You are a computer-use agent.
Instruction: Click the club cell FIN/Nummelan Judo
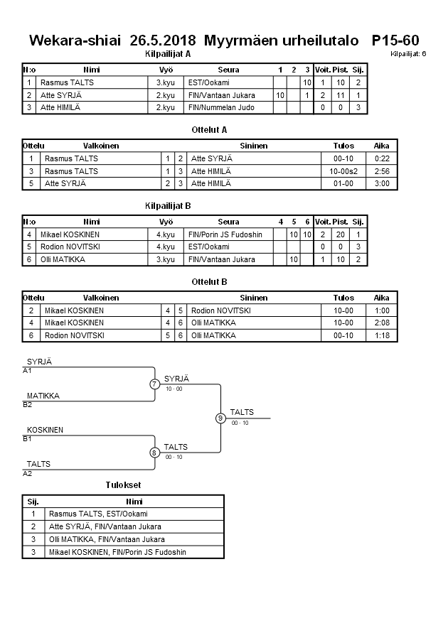pyautogui.click(x=221, y=107)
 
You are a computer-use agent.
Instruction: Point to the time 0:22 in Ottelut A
pyautogui.click(x=382, y=158)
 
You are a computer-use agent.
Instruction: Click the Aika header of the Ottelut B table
pyautogui.click(x=382, y=298)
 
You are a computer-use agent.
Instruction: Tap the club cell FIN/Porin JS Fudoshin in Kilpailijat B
pyautogui.click(x=225, y=234)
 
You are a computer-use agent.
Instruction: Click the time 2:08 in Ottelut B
pyautogui.click(x=382, y=323)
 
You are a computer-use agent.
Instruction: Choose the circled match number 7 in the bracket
pyautogui.click(x=155, y=384)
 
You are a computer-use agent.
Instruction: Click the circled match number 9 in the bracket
pyautogui.click(x=220, y=418)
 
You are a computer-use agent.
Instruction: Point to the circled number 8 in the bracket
pyautogui.click(x=155, y=452)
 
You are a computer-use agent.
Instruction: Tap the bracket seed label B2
pyautogui.click(x=28, y=404)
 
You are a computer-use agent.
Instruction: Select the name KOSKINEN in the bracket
pyautogui.click(x=46, y=430)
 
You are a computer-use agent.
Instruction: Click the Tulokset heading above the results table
pyautogui.click(x=123, y=485)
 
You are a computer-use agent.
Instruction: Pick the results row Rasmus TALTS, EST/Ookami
pyautogui.click(x=99, y=514)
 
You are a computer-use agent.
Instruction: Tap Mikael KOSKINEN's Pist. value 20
pyautogui.click(x=340, y=234)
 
